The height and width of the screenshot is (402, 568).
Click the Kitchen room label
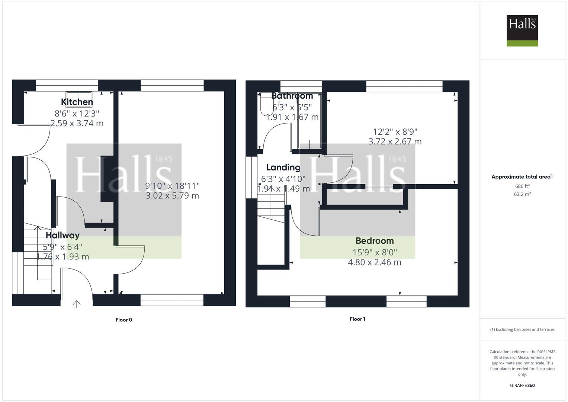coord(77,102)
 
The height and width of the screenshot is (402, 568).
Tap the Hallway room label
coord(62,235)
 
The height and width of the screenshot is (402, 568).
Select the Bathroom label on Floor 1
coord(292,96)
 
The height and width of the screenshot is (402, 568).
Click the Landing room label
coord(283,167)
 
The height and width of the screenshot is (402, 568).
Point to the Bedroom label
coord(375,241)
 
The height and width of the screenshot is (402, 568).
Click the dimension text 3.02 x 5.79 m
coord(172,196)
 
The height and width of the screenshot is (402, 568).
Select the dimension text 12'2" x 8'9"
coord(395,131)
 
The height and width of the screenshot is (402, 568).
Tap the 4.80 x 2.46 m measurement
coord(375,262)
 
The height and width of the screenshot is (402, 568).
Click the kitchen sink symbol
coord(79,96)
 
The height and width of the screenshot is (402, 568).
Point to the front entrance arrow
coord(76,304)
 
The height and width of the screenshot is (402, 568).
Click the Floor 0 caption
coord(124,320)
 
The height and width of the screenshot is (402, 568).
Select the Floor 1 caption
coord(357,319)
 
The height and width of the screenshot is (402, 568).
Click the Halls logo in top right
coord(522,31)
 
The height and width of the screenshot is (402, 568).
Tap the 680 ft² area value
coord(522,186)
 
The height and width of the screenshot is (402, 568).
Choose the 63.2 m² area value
coord(522,194)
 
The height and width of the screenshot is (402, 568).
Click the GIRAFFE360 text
coord(522,385)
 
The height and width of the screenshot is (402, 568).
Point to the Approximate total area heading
coord(522,177)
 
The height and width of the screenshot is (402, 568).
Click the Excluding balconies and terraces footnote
coord(522,329)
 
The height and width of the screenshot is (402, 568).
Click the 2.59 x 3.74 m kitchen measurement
coord(77,123)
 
